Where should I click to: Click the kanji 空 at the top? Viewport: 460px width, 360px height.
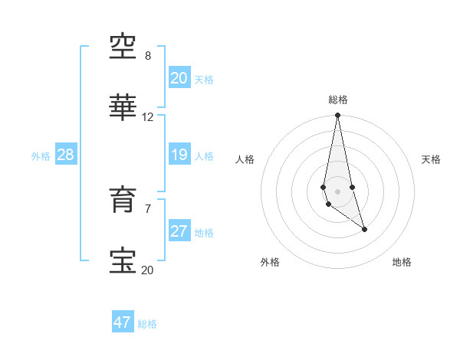coord(124,49)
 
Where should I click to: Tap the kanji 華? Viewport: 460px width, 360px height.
coord(124,109)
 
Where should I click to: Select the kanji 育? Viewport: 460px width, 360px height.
coord(124,201)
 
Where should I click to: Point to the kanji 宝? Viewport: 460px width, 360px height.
coord(124,261)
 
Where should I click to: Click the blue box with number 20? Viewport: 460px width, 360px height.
coord(179,78)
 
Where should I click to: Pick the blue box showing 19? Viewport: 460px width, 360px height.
coord(179,155)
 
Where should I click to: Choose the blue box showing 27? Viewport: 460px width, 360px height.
coord(179,231)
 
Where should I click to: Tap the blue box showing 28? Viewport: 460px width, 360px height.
coord(66,155)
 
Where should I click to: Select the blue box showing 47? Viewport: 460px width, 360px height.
coord(123,322)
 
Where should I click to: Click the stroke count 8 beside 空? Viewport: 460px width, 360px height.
coord(148,56)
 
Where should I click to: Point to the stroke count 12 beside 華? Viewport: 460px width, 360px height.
coord(148,117)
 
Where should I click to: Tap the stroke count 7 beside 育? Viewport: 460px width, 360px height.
coord(148,208)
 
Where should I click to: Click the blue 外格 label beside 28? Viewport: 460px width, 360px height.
coord(41,156)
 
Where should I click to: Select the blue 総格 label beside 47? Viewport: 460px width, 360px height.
coord(147,324)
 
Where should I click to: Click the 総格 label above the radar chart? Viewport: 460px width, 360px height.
coord(338,100)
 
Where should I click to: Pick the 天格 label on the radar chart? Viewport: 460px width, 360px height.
coord(431,159)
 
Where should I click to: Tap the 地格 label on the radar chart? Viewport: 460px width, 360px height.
coord(402,262)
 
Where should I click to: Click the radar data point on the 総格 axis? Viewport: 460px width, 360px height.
coord(338,116)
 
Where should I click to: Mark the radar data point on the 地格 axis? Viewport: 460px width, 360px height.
coord(364,229)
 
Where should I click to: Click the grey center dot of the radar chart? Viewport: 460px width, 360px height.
coord(338,191)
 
